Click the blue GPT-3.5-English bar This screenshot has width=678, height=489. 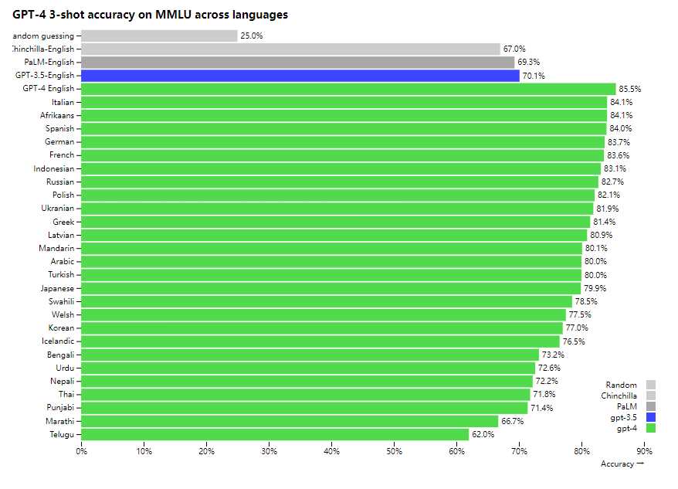300,76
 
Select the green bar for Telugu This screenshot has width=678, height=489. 275,434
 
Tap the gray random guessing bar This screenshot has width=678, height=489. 159,36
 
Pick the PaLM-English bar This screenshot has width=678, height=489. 297,62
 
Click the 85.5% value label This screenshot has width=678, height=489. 630,89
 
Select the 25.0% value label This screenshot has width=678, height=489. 252,36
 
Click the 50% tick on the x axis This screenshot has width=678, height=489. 394,451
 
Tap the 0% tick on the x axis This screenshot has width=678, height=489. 81,451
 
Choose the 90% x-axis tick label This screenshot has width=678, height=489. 644,451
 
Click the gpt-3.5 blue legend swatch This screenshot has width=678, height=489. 651,417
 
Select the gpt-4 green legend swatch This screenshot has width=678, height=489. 651,428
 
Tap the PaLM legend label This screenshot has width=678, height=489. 626,406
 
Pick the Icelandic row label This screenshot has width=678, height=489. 58,341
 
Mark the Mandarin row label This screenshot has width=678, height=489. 56,248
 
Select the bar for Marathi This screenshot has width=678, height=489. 290,421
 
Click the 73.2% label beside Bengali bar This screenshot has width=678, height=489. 552,355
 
